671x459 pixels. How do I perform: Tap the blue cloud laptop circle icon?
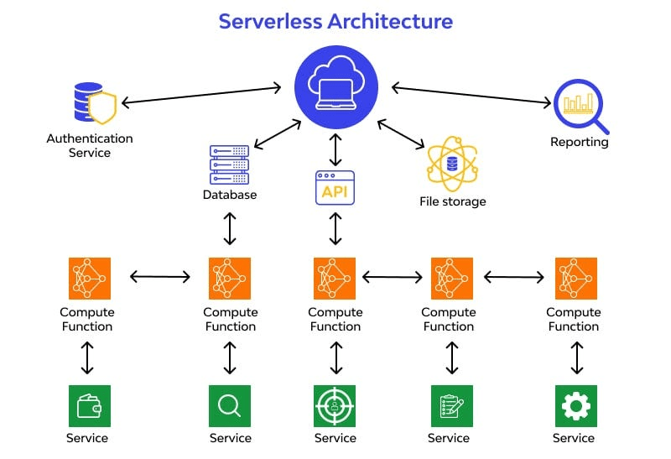(x=336, y=87)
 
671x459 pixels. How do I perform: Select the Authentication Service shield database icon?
(x=95, y=102)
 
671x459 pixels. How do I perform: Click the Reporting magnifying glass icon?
(x=580, y=107)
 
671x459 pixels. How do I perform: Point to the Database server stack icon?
(x=229, y=164)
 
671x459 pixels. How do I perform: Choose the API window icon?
(x=335, y=188)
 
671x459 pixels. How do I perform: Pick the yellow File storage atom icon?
(x=452, y=164)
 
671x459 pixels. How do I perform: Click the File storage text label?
(x=453, y=201)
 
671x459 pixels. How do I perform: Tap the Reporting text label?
(x=580, y=142)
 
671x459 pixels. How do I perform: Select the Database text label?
(x=230, y=195)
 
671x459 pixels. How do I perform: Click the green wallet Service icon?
(x=90, y=406)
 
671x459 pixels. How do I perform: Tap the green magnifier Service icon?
(x=230, y=406)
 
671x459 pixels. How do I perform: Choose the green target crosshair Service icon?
(x=335, y=406)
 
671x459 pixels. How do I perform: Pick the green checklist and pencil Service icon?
(x=452, y=406)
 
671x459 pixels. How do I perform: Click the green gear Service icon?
(x=576, y=406)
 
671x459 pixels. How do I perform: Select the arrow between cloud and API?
(x=335, y=149)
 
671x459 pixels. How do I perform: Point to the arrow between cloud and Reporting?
(x=471, y=95)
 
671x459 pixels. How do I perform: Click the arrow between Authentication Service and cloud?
(x=201, y=95)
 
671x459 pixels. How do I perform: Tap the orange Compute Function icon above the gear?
(x=576, y=279)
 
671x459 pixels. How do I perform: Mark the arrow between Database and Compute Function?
(x=230, y=228)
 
